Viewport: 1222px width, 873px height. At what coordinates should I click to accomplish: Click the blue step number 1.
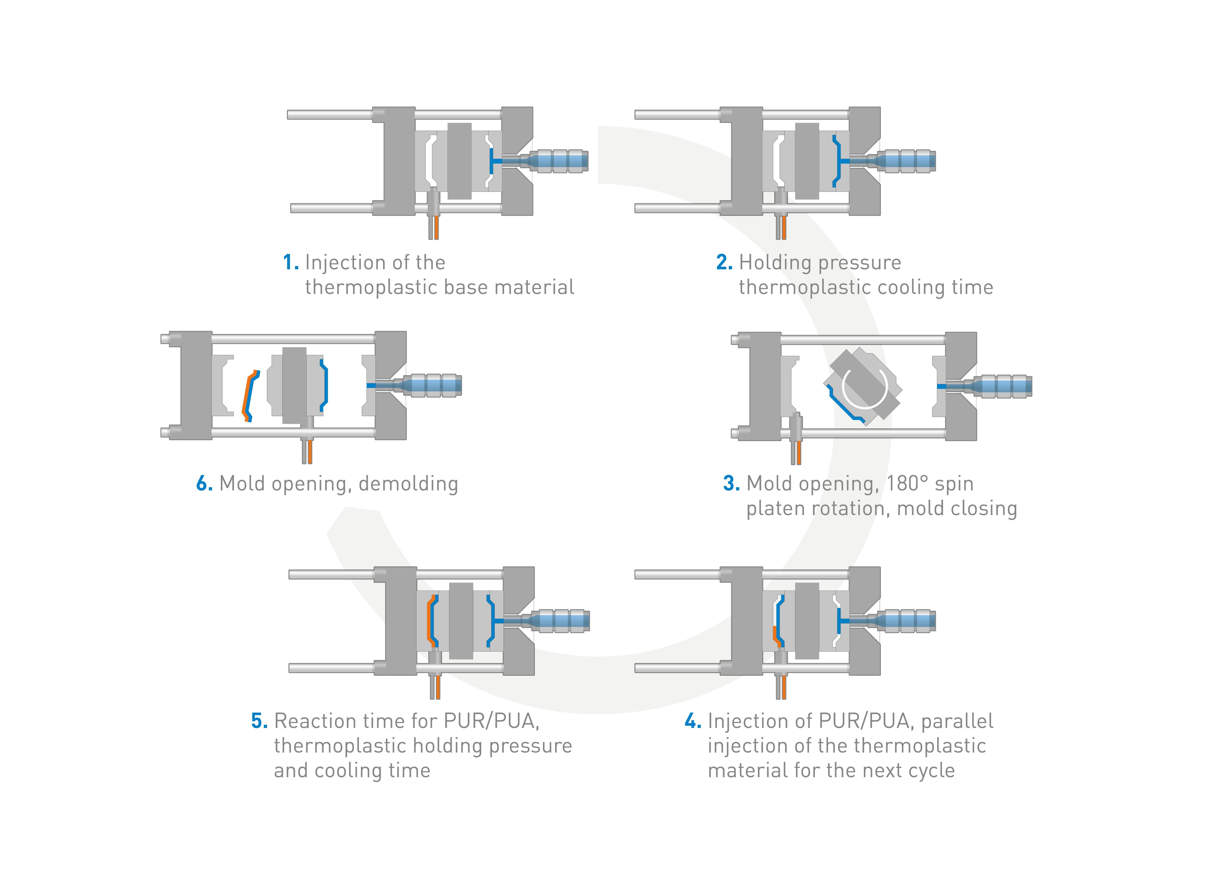(x=290, y=263)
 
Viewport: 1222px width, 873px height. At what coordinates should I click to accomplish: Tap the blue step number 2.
(x=724, y=263)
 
